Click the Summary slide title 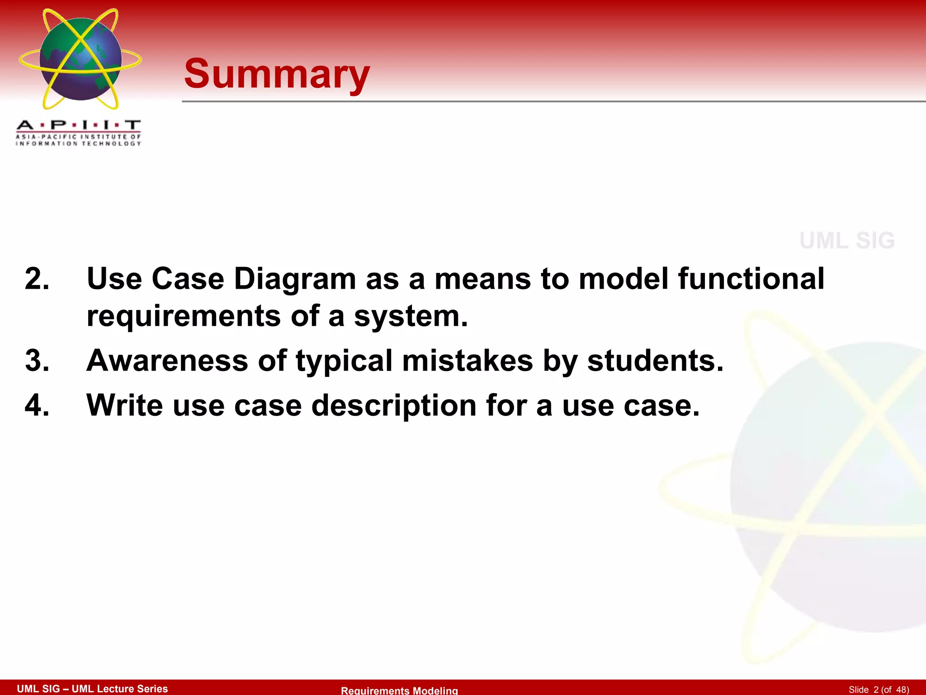pos(277,74)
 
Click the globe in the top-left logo pos(80,59)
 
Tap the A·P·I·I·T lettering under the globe pos(78,125)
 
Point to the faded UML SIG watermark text pos(847,240)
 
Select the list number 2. pos(37,278)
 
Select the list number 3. pos(37,361)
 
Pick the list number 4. pos(37,405)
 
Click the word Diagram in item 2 pos(295,279)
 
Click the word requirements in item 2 pos(183,316)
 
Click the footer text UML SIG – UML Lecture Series pos(92,689)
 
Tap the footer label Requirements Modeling pos(399,690)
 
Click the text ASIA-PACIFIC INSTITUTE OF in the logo pos(78,137)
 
